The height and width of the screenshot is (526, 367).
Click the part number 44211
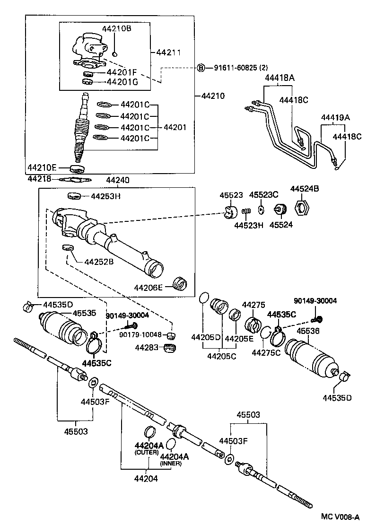coord(168,53)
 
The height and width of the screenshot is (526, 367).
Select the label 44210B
coord(116,28)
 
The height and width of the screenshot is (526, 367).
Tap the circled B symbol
coord(201,68)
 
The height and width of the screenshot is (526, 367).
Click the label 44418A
coord(280,78)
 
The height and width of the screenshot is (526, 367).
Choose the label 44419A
coord(335,117)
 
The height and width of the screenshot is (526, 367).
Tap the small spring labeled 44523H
coord(246,211)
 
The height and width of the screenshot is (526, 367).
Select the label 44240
coord(117,180)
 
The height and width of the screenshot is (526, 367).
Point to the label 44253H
coord(105,196)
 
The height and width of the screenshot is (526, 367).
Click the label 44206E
coord(148,288)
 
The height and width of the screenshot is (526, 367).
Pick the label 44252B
coord(99,262)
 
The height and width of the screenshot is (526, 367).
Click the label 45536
coord(308,331)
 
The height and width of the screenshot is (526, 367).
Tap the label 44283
coord(147,348)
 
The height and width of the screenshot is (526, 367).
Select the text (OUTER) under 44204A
coord(147,452)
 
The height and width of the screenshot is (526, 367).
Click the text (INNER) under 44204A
coord(171,464)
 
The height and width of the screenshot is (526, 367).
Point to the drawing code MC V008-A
coord(340,517)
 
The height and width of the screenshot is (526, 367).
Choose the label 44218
coord(39,179)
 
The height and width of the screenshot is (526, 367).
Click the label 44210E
coord(42,167)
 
